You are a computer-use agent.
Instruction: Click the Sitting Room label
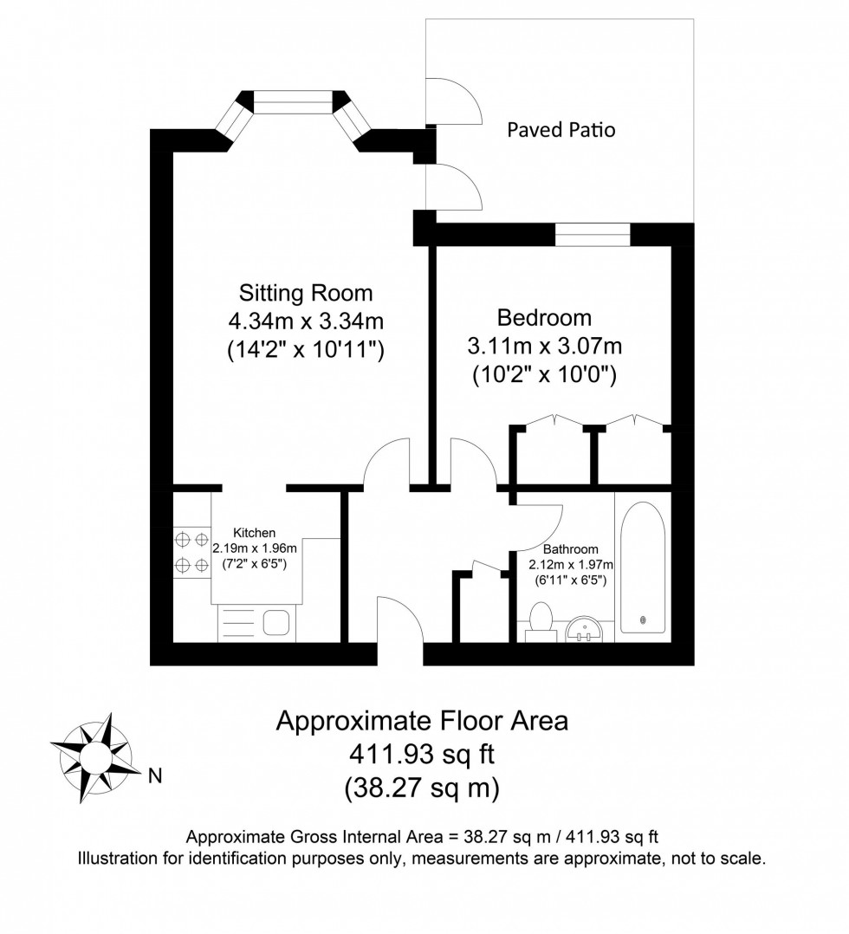coord(305,292)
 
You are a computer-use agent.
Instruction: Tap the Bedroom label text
coord(544,317)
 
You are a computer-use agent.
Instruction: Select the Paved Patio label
coord(561,130)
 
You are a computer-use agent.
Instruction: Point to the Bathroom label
coord(570,549)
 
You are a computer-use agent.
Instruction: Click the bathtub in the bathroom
coord(641,568)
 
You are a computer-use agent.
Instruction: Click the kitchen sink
coord(276,623)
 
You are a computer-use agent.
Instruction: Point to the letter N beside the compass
coord(156,775)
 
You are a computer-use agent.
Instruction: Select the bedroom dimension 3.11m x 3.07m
coord(544,347)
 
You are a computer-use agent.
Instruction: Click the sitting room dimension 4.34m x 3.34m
coord(305,321)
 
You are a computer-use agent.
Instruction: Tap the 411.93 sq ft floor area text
coord(422,755)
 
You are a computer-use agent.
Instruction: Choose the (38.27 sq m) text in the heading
coord(422,788)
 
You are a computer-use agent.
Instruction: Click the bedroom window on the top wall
coord(593,235)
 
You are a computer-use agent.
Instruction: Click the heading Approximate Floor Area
coord(422,721)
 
